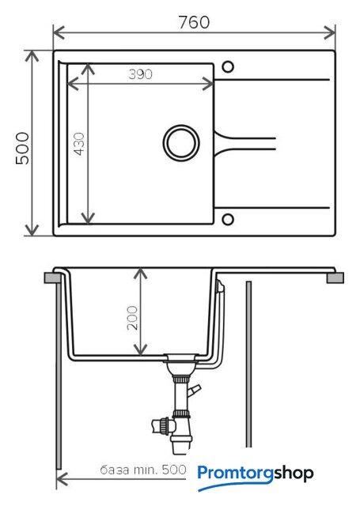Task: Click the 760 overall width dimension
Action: (x=194, y=22)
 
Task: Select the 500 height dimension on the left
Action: (x=23, y=148)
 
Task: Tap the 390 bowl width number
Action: (x=141, y=74)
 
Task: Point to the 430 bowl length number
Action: (x=79, y=144)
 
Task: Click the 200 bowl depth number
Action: (x=132, y=318)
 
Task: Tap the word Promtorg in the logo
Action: (x=235, y=474)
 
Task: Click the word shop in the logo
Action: (x=294, y=474)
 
